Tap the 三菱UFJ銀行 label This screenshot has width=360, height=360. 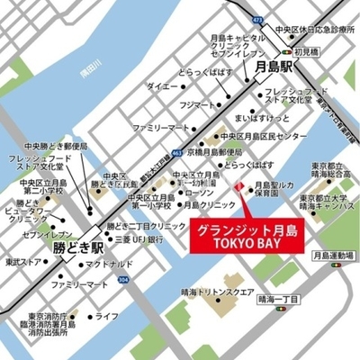(x=139, y=240)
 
